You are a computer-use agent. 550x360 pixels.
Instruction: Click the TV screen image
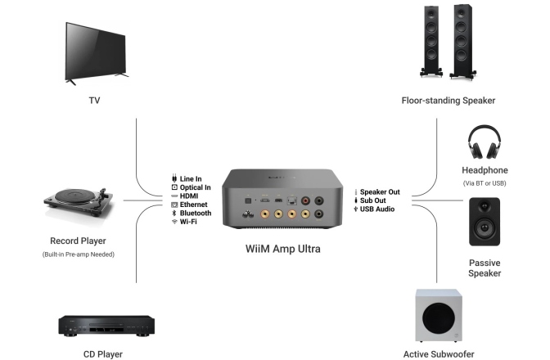point(97,51)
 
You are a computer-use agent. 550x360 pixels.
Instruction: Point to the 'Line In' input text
point(190,178)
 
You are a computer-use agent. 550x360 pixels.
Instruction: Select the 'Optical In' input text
point(196,187)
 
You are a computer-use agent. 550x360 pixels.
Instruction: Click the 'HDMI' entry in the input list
point(189,196)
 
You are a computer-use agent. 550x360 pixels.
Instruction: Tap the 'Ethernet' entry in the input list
point(194,205)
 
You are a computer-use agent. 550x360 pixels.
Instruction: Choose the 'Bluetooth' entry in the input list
point(196,213)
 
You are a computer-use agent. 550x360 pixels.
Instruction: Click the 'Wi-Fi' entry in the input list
point(189,222)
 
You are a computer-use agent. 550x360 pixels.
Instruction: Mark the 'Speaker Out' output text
point(380,191)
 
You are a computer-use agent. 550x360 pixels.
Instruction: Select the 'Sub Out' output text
point(373,200)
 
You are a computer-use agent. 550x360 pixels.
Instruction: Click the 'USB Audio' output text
point(377,209)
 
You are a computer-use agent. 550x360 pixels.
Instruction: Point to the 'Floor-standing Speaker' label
point(449,101)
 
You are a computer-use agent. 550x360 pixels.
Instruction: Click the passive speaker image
point(485,221)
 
